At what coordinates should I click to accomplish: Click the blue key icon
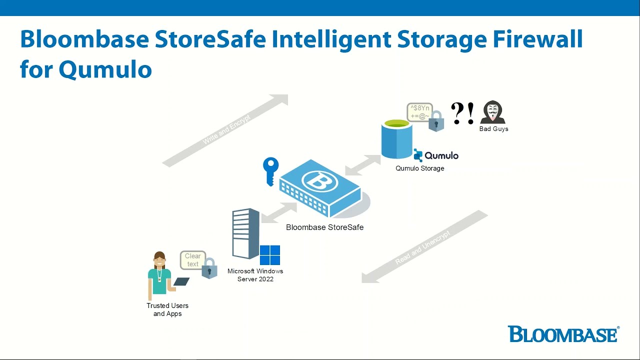pyautogui.click(x=270, y=170)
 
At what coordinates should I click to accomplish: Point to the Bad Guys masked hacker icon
pyautogui.click(x=492, y=112)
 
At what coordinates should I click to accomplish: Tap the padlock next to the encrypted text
pyautogui.click(x=436, y=121)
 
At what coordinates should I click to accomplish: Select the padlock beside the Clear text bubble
pyautogui.click(x=209, y=268)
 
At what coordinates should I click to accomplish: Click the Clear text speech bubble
pyautogui.click(x=192, y=259)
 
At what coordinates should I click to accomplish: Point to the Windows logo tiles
pyautogui.click(x=270, y=255)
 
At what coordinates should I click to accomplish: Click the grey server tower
pyautogui.click(x=245, y=233)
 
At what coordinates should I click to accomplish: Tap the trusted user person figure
pyautogui.click(x=160, y=275)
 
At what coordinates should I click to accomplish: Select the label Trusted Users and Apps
pyautogui.click(x=167, y=309)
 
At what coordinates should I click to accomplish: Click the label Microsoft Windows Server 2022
pyautogui.click(x=255, y=275)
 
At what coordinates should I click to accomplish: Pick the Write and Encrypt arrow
pyautogui.click(x=225, y=130)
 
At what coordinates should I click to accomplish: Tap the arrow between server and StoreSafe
pyautogui.click(x=279, y=212)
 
